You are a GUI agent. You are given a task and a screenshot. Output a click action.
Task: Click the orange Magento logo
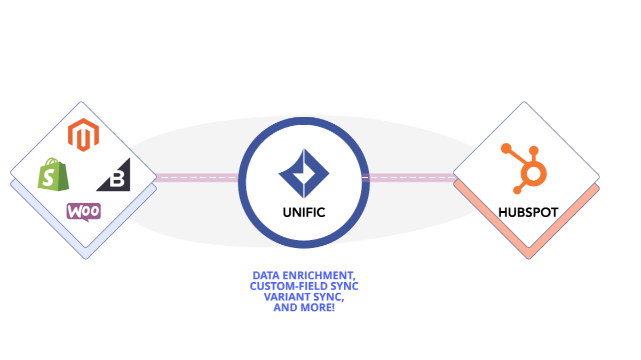point(83,135)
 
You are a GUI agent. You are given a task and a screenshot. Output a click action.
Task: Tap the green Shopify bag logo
point(53,174)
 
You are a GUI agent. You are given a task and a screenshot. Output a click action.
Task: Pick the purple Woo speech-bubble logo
point(83,212)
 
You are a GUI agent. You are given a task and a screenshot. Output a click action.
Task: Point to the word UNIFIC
point(304,212)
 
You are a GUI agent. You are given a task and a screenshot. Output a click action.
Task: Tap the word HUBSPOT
point(528,212)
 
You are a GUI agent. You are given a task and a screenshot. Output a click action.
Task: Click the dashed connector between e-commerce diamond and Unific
point(196,178)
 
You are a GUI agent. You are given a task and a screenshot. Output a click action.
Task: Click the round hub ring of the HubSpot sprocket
point(531,173)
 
